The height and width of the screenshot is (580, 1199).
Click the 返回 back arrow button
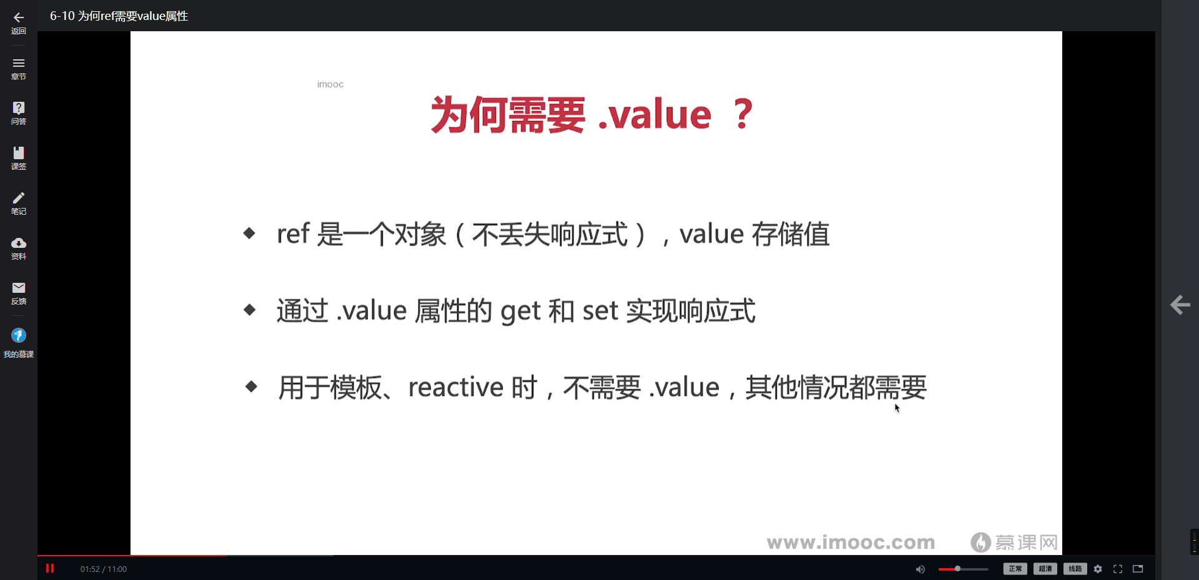tap(19, 18)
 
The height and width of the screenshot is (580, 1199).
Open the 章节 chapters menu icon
tap(19, 63)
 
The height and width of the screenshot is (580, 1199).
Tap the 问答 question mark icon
tap(19, 108)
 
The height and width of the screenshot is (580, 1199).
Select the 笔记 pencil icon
tap(19, 198)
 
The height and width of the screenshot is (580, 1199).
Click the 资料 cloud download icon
tap(19, 243)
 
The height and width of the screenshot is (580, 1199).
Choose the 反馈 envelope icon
tap(19, 288)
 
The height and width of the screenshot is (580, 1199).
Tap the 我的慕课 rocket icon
tap(19, 336)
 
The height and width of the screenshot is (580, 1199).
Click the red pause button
tap(50, 568)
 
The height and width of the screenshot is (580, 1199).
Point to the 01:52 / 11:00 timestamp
tap(104, 569)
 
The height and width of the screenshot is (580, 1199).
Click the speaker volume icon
tap(920, 569)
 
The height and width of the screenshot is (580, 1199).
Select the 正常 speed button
tap(1015, 569)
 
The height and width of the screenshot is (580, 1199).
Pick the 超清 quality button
tap(1045, 569)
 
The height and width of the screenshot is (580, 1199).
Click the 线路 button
tap(1075, 569)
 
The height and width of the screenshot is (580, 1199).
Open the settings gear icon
tap(1098, 569)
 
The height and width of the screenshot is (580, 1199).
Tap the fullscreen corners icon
tap(1118, 569)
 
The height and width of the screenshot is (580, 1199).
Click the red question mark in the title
tap(743, 114)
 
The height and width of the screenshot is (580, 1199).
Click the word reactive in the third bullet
tap(455, 388)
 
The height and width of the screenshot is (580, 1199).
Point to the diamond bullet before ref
tap(249, 233)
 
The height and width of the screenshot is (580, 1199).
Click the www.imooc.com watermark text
tap(851, 543)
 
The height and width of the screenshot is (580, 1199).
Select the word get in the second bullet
tap(520, 311)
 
